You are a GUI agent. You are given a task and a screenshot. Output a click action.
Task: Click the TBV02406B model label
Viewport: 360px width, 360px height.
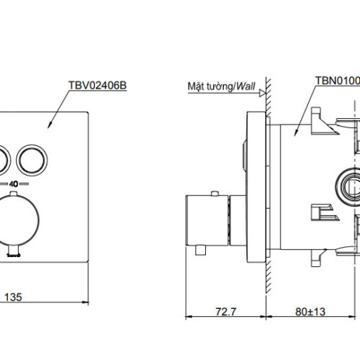[x=99, y=86]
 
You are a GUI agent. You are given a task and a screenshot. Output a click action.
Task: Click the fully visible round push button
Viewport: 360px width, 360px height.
[x=32, y=158]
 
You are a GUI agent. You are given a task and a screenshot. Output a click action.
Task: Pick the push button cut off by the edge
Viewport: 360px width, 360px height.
[x=4, y=158]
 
